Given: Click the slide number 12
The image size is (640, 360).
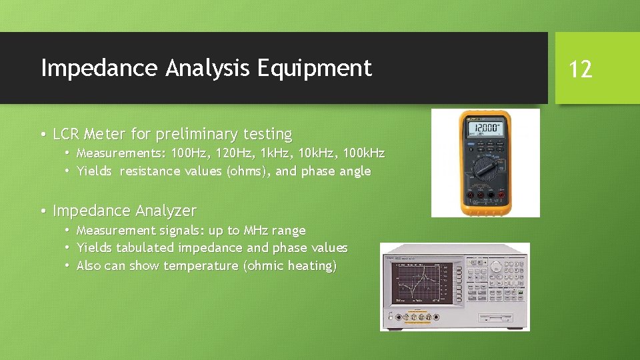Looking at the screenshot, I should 581,69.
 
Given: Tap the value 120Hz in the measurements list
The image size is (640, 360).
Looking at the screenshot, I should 233,153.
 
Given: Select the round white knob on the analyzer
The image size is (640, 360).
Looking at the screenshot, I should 496,266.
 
